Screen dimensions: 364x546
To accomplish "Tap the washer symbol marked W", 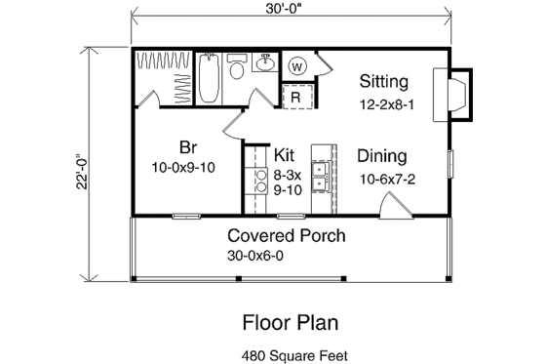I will (297, 66).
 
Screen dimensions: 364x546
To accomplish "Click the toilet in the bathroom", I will (237, 70).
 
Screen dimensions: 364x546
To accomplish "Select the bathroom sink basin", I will (263, 65).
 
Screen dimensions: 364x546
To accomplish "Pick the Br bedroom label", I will (187, 147).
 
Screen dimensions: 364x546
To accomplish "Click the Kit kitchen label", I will (285, 155).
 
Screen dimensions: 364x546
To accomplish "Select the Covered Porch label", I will (287, 235).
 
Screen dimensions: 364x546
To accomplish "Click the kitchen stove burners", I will (259, 182).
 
